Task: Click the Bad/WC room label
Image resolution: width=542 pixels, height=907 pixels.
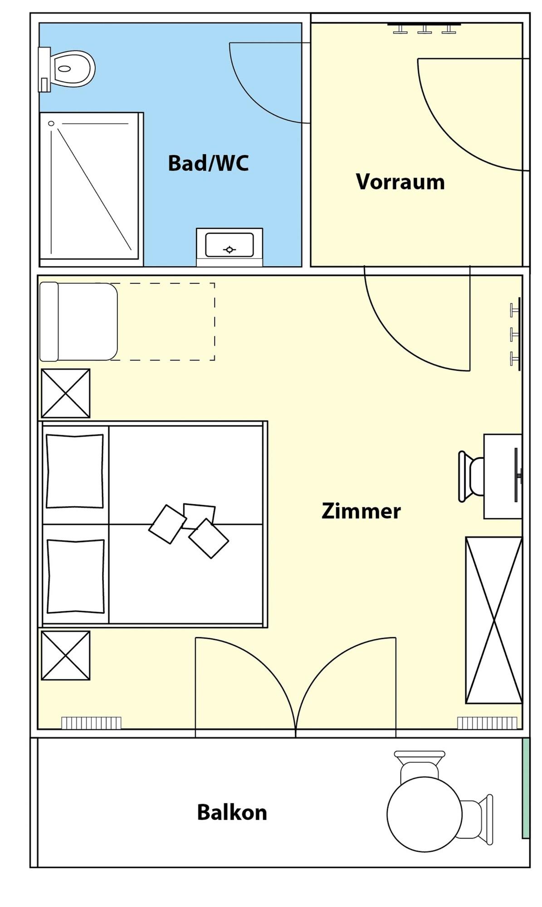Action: click(x=208, y=163)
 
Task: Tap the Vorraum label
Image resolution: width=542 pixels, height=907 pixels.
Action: click(x=400, y=182)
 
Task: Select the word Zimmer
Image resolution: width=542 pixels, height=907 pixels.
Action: click(x=361, y=511)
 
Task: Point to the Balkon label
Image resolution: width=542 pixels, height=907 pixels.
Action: click(x=232, y=812)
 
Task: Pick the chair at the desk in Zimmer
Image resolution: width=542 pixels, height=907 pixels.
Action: click(x=471, y=476)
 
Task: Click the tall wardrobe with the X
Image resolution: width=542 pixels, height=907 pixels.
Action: click(x=494, y=620)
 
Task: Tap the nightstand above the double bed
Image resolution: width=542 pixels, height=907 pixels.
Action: click(x=66, y=393)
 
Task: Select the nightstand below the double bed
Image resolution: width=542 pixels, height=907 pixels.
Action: click(x=66, y=655)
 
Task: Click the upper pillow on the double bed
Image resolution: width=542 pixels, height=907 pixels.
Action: click(x=75, y=471)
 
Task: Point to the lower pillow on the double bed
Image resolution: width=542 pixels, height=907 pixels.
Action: click(x=75, y=576)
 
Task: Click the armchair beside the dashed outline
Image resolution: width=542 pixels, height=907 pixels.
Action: click(x=78, y=322)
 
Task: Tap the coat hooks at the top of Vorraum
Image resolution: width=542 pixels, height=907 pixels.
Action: click(x=424, y=28)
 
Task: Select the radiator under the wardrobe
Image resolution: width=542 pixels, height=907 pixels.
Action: click(x=487, y=723)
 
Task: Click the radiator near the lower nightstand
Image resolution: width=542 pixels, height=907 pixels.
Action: click(x=91, y=723)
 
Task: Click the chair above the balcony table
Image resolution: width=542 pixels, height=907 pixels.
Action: click(x=420, y=766)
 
